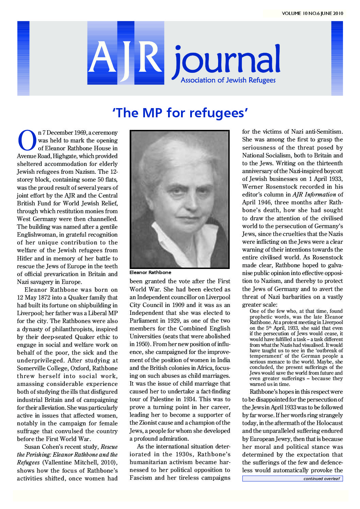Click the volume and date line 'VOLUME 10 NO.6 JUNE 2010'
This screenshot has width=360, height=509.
pos(312,14)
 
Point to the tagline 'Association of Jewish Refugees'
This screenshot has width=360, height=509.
pos(228,80)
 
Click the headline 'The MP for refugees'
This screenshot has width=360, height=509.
pos(180,113)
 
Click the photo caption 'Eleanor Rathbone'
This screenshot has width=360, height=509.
pos(150,272)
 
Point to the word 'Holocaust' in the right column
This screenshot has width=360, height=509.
pos(328,423)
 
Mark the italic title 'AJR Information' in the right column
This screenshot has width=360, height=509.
pos(314,194)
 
